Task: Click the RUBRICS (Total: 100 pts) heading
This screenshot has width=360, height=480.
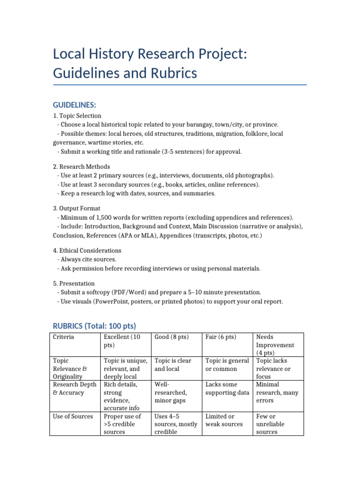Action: [x=94, y=325]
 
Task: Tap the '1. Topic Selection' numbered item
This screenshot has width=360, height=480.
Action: [x=77, y=115]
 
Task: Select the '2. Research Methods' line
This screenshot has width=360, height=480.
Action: [x=82, y=166]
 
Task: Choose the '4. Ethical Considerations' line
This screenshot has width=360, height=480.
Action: [x=87, y=250]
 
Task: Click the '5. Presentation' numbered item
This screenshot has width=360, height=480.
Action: [x=74, y=283]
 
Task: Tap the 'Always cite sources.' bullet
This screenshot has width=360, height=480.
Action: [x=89, y=259]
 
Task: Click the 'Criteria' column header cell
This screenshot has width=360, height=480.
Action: [x=63, y=337]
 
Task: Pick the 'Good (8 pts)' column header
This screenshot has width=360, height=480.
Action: [x=172, y=337]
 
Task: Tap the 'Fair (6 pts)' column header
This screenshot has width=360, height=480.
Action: [x=221, y=337]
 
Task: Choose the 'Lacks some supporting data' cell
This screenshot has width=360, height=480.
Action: [x=227, y=389]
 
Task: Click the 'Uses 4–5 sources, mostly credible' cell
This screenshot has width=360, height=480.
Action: [x=176, y=424]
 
